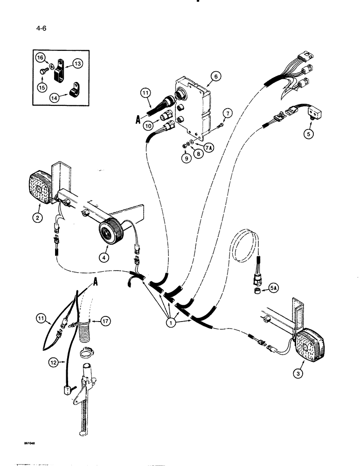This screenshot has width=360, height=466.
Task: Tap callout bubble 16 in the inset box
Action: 41,57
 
